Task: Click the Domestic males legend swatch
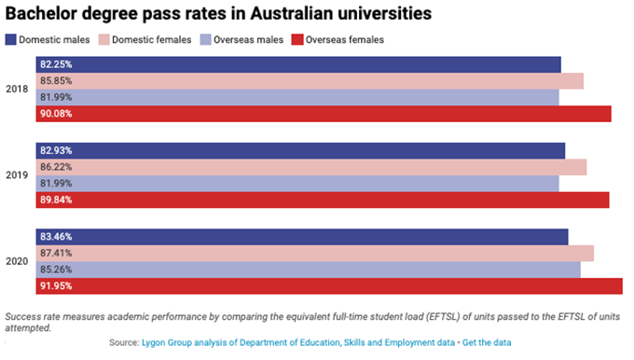pyautogui.click(x=11, y=39)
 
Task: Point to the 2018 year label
pyautogui.click(x=16, y=89)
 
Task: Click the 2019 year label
pyautogui.click(x=16, y=174)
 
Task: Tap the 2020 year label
pyautogui.click(x=16, y=261)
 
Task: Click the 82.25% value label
pyautogui.click(x=56, y=64)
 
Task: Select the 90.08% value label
pyautogui.click(x=56, y=114)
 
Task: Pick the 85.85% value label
pyautogui.click(x=56, y=81)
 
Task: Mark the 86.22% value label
pyautogui.click(x=56, y=167)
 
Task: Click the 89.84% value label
pyautogui.click(x=56, y=200)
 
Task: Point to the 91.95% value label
pyautogui.click(x=56, y=286)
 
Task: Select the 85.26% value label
pyautogui.click(x=56, y=270)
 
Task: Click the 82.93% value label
pyautogui.click(x=56, y=150)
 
